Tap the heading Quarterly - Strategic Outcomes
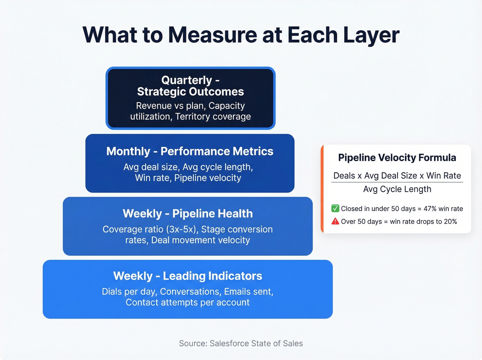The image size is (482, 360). coord(190,86)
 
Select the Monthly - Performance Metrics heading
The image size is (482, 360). coord(190,151)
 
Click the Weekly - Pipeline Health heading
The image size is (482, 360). coord(188,214)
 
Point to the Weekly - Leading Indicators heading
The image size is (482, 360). coord(188,276)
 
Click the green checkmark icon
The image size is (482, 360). coord(335,208)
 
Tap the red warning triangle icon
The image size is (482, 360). coord(335,221)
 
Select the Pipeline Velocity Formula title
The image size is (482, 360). coord(397,157)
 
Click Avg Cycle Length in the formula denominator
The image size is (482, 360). coord(397,189)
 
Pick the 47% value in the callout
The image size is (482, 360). coord(430,209)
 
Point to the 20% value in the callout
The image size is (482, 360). coord(450,222)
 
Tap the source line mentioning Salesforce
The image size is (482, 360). coord(241,343)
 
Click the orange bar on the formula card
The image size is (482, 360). coord(322,189)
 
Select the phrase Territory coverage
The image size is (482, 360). coord(213,117)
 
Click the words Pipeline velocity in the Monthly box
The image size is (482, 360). coord(208,178)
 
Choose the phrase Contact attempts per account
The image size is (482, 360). coord(188,302)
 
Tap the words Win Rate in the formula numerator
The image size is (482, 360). coord(443,176)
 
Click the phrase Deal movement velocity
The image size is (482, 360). coord(200,240)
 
